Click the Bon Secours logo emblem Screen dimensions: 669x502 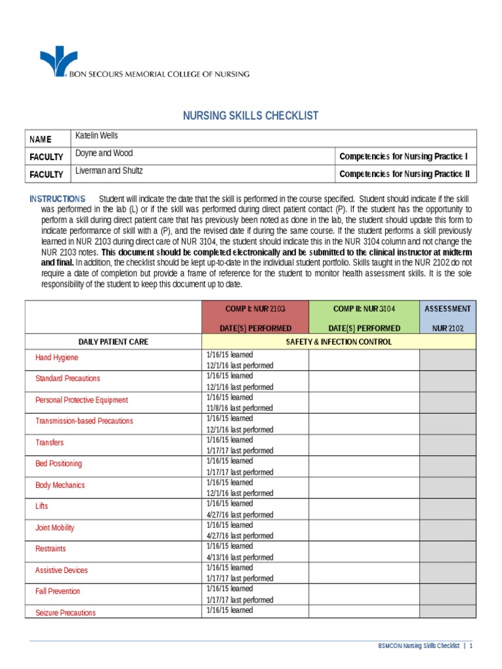point(58,61)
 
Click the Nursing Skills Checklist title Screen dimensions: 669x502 point(250,116)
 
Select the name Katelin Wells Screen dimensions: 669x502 point(97,136)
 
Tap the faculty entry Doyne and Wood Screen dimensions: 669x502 point(104,154)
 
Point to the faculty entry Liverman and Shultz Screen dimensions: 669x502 point(109,171)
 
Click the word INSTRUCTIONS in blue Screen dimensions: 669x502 point(58,199)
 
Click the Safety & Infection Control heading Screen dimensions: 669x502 point(339,342)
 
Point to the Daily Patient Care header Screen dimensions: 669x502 point(113,342)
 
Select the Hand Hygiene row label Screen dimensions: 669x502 point(57,358)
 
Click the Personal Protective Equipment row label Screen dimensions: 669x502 point(82,400)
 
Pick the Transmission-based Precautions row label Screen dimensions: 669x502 point(84,421)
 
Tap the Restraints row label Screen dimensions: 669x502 point(50,549)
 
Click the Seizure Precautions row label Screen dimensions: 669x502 point(65,613)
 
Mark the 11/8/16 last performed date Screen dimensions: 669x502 point(239,408)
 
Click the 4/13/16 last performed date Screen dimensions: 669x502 point(239,557)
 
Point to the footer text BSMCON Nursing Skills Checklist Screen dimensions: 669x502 point(418,646)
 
